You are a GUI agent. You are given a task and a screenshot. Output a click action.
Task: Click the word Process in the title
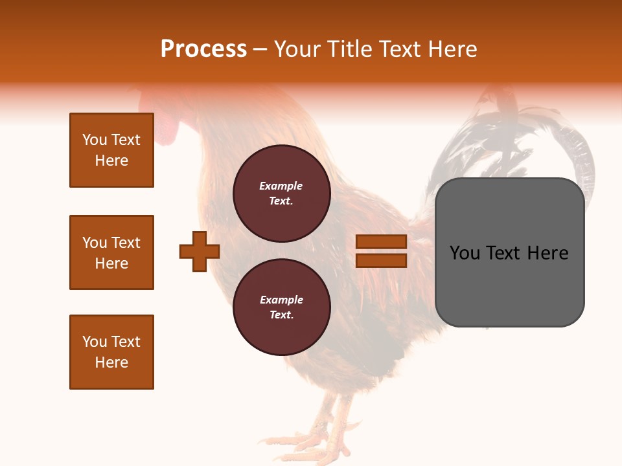[x=203, y=49]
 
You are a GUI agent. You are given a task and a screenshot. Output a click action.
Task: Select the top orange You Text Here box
[x=111, y=150]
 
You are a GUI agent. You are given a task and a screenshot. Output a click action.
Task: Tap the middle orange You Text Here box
[x=111, y=252]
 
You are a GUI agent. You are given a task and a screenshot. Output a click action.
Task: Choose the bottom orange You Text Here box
[x=111, y=352]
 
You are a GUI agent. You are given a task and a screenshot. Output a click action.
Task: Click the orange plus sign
[x=200, y=251]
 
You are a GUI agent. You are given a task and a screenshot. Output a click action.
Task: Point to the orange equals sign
[x=381, y=251]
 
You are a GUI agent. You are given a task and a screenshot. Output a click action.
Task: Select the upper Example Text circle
[x=281, y=193]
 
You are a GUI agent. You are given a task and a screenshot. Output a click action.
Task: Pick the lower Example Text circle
[x=281, y=307]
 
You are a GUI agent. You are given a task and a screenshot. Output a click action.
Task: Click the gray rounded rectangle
[x=509, y=285]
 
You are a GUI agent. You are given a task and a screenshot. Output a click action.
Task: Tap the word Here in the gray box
[x=547, y=253]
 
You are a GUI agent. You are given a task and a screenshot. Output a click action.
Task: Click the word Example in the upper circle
[x=281, y=186]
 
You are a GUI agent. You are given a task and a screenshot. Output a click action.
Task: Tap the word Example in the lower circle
[x=281, y=300]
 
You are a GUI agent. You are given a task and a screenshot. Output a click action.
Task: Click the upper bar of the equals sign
[x=381, y=242]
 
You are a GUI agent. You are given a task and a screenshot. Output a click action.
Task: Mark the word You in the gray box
[x=464, y=253]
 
